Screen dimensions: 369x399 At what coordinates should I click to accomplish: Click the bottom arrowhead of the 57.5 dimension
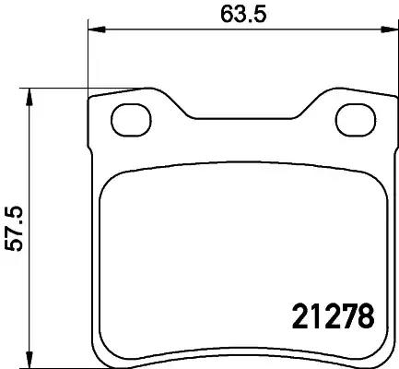click(x=30, y=360)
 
